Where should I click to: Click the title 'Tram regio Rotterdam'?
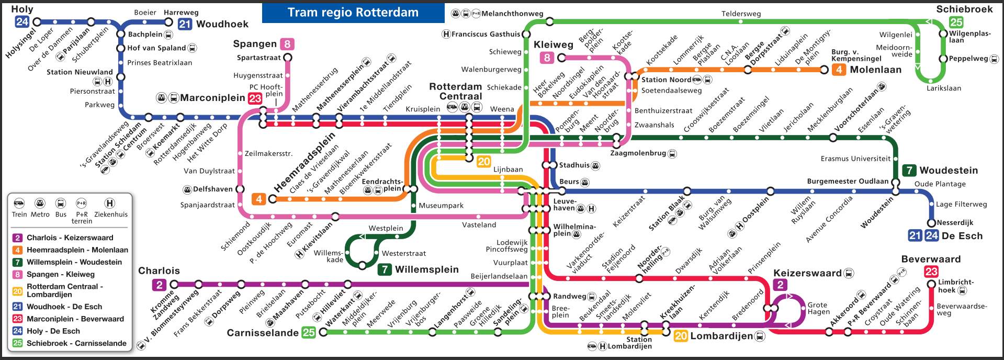click(353, 13)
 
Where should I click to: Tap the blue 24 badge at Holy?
click(22, 22)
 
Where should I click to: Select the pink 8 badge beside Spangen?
click(287, 44)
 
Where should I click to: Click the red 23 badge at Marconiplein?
click(255, 98)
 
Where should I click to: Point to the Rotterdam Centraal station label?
click(455, 91)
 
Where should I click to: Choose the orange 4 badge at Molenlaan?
click(839, 70)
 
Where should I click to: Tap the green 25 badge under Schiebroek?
click(956, 22)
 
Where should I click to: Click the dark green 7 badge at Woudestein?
click(909, 170)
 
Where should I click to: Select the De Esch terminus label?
click(962, 235)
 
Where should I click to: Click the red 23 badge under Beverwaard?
click(931, 271)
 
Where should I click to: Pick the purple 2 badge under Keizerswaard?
click(780, 285)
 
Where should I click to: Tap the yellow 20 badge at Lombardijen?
click(681, 336)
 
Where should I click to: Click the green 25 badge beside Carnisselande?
click(309, 332)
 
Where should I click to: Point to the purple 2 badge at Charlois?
click(159, 285)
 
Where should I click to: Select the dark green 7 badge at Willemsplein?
click(385, 269)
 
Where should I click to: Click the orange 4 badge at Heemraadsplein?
click(258, 199)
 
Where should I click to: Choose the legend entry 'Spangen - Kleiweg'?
click(61, 274)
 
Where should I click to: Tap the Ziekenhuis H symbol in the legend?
click(110, 204)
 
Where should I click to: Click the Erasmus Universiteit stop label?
click(855, 159)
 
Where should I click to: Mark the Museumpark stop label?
click(441, 206)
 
